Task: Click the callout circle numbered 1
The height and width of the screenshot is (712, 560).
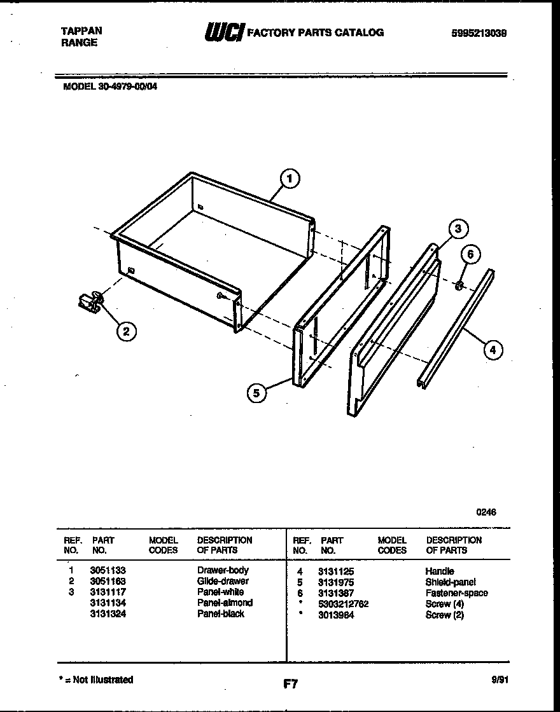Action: click(x=290, y=179)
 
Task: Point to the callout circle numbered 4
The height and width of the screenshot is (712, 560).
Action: click(x=493, y=348)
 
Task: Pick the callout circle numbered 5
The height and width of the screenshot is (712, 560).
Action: click(x=256, y=393)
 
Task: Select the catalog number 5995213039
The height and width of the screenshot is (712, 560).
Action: click(x=479, y=34)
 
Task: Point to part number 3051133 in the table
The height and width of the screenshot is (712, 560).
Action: click(x=108, y=570)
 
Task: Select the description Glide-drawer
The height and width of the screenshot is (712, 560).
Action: click(x=223, y=580)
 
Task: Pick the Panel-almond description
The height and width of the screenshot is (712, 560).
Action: click(x=225, y=602)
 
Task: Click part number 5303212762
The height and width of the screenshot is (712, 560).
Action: click(x=344, y=604)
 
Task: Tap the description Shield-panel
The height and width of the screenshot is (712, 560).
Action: click(x=451, y=582)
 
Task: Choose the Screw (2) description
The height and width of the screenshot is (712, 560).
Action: click(x=445, y=615)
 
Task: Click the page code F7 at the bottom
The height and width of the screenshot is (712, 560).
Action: click(x=290, y=684)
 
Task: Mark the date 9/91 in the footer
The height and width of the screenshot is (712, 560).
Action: click(x=500, y=680)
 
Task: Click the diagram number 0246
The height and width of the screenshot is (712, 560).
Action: click(x=487, y=512)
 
